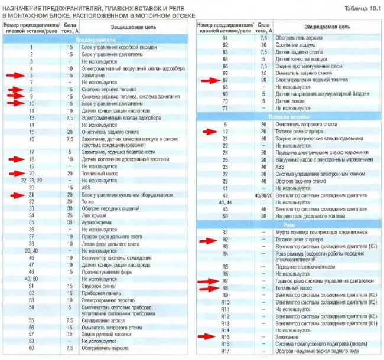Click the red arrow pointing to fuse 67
tap(209, 80)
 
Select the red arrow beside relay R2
tap(208, 240)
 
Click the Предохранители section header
tap(96, 38)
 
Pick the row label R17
tap(224, 352)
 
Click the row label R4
tap(224, 254)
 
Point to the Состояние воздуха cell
tap(296, 45)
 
